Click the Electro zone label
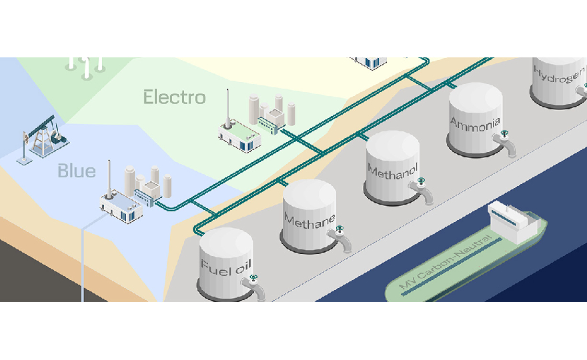[175, 98]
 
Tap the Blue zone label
[76, 171]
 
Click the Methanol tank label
[392, 169]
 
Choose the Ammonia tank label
[474, 123]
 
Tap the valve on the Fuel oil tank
[253, 278]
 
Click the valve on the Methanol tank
[421, 181]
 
